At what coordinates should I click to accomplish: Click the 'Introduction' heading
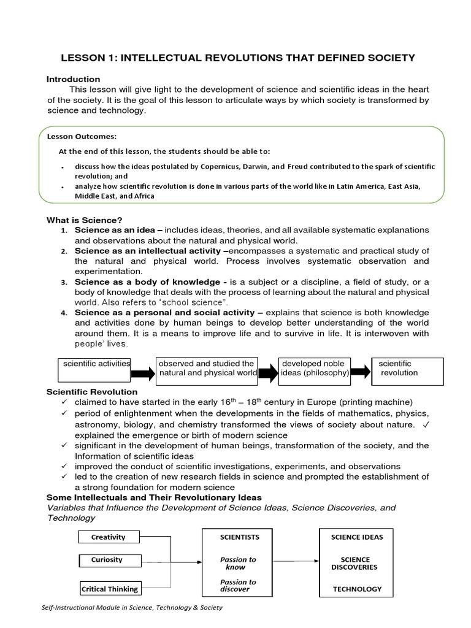point(74,79)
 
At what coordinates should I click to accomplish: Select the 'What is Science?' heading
point(85,220)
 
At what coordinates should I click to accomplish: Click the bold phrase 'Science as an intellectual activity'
point(147,251)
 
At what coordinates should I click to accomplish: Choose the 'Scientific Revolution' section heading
point(93,392)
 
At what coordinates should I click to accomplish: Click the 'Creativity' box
point(109,537)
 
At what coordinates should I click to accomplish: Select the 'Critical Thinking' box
point(110,589)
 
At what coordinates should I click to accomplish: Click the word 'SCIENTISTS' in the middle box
point(240,537)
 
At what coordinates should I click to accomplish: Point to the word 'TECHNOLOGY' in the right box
point(357,589)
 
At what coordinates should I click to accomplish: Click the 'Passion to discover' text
point(238,586)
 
